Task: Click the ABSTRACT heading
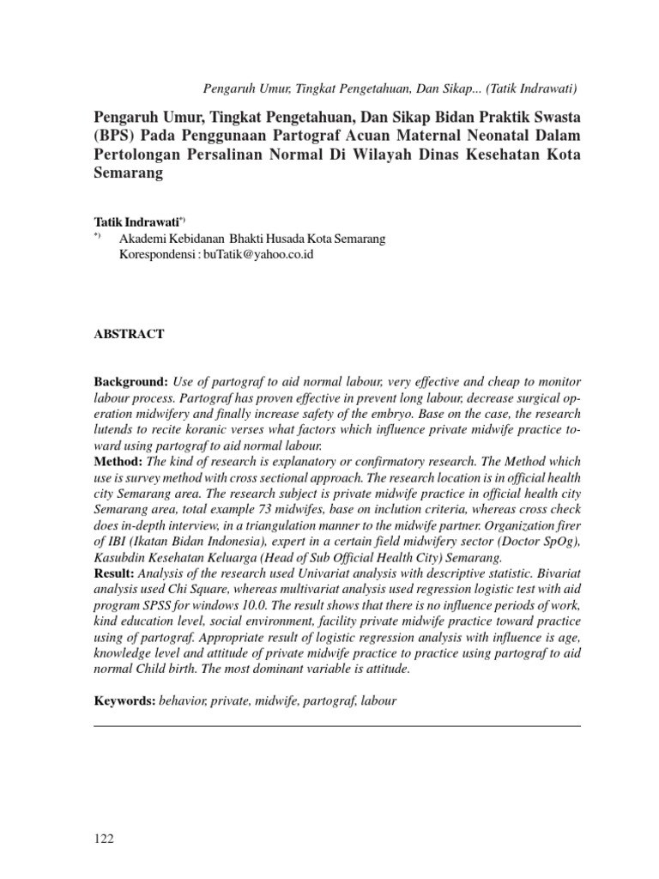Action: pyautogui.click(x=129, y=334)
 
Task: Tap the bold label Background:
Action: pyautogui.click(x=131, y=380)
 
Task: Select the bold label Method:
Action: pyautogui.click(x=119, y=462)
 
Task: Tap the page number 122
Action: pyautogui.click(x=104, y=839)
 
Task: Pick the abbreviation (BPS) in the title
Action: pyautogui.click(x=112, y=136)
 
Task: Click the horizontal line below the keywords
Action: pyautogui.click(x=336, y=726)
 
